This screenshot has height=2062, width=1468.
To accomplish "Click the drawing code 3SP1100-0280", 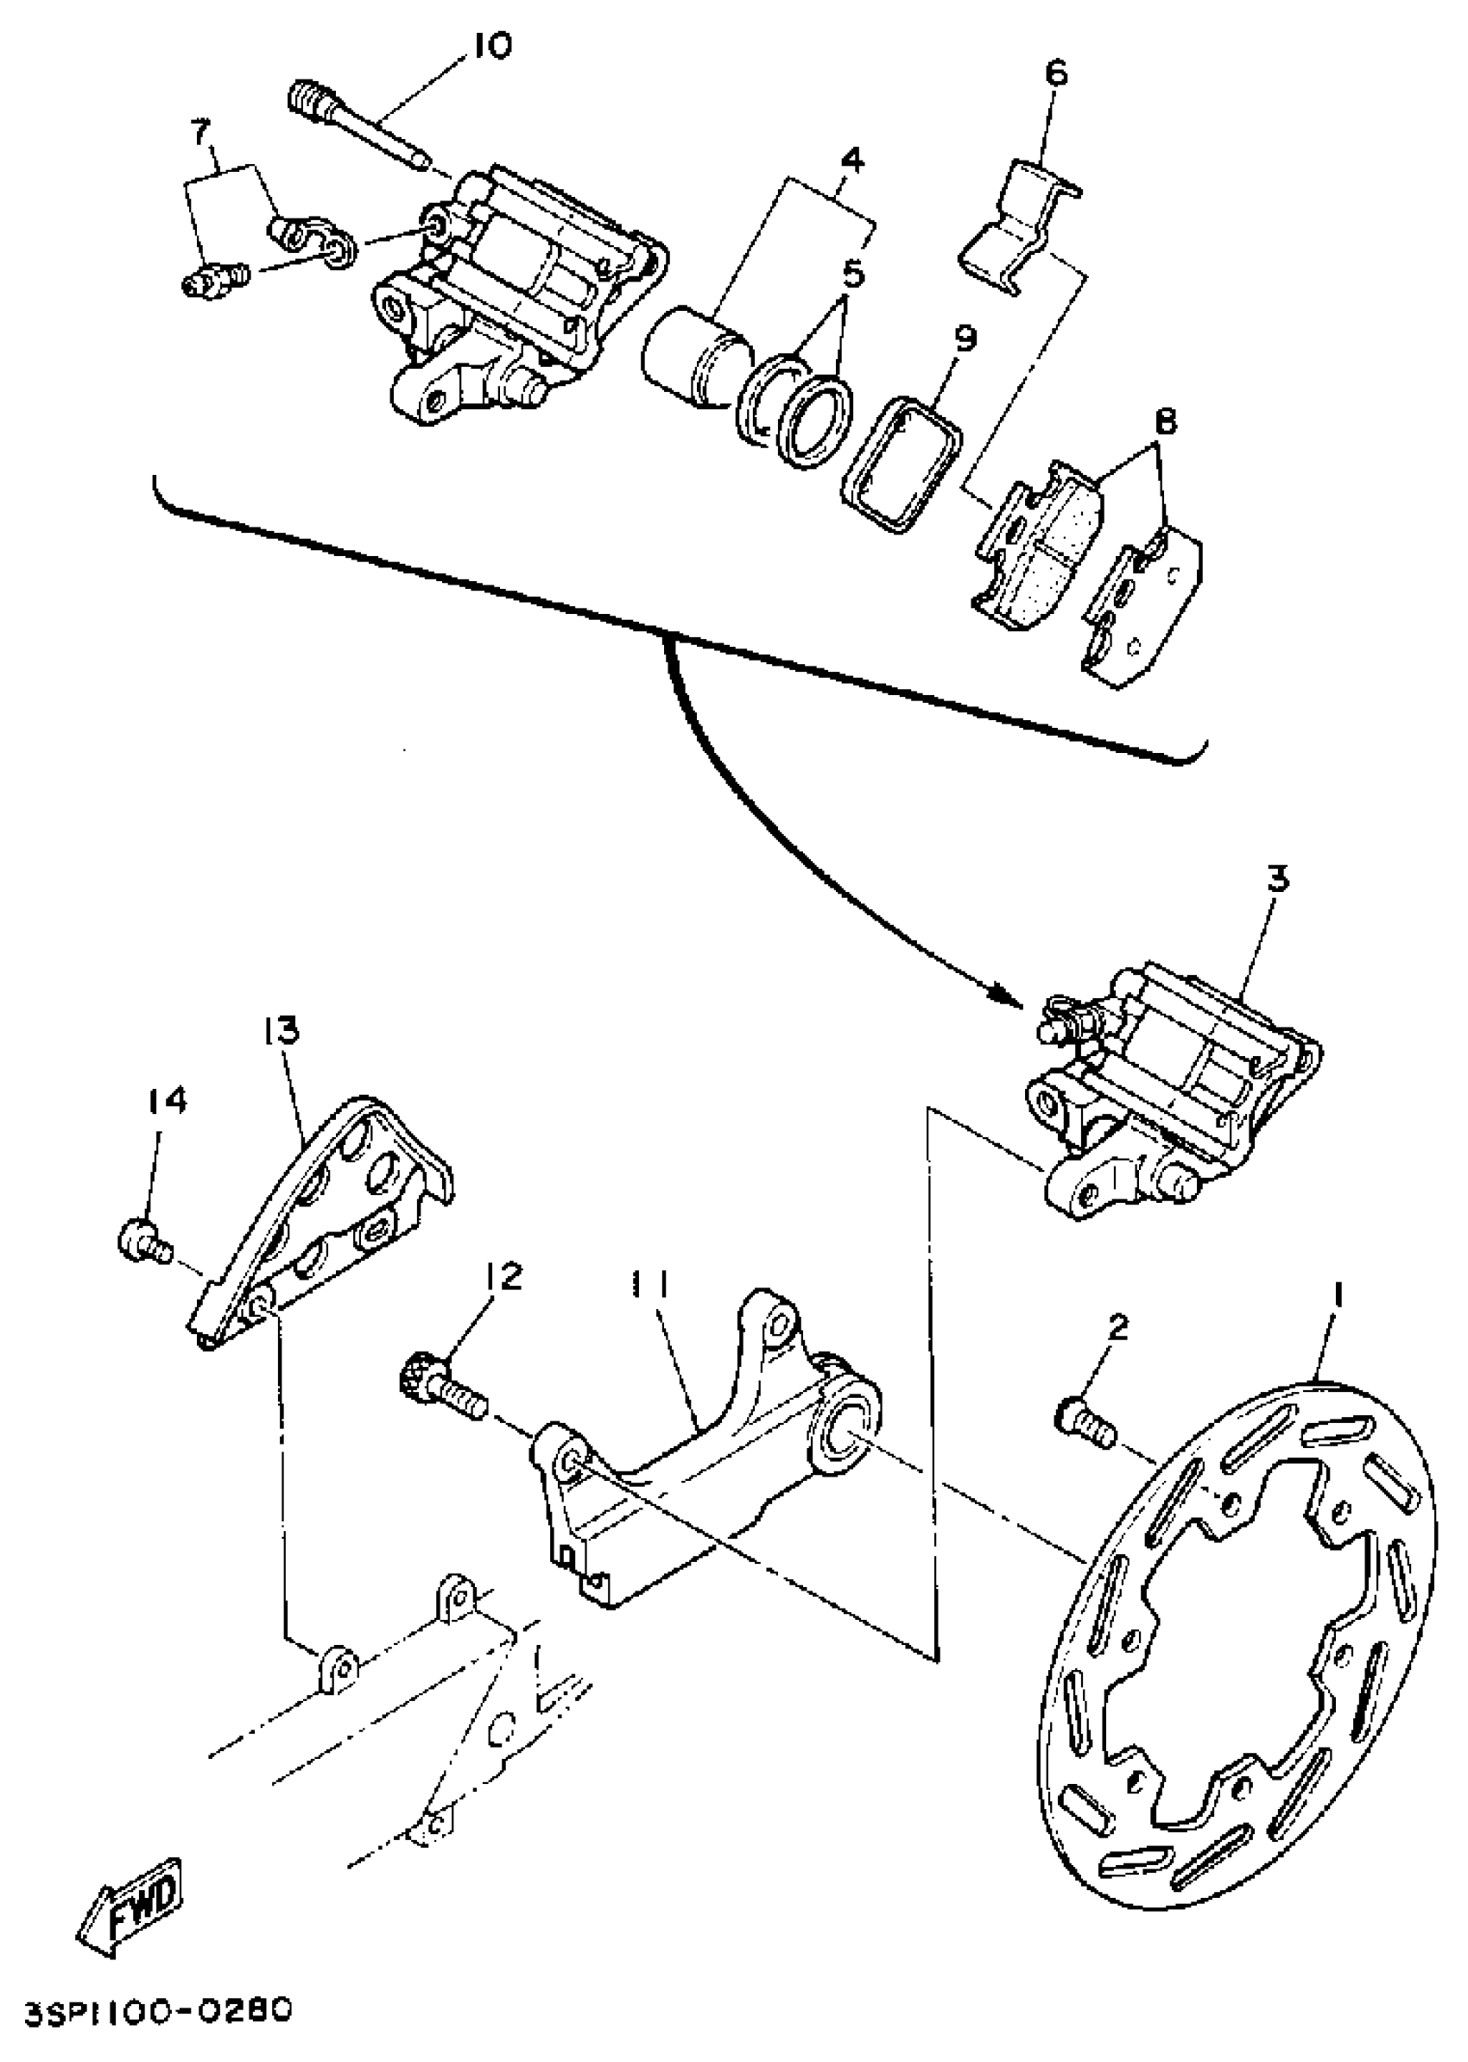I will click(x=159, y=2012).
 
